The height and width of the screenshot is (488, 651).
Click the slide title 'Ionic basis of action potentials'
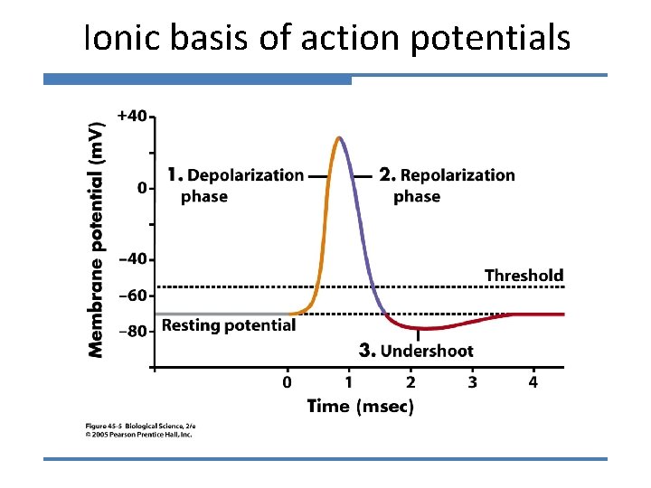click(326, 38)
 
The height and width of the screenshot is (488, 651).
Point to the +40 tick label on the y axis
click(131, 116)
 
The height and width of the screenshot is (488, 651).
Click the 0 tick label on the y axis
click(141, 188)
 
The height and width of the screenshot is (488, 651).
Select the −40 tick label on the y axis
click(132, 259)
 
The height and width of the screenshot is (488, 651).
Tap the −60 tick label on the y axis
click(132, 296)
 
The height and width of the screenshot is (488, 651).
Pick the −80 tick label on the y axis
click(132, 331)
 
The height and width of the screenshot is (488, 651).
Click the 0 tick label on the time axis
click(287, 382)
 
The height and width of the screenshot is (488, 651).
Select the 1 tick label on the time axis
click(348, 382)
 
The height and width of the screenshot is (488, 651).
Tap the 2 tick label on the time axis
click(410, 382)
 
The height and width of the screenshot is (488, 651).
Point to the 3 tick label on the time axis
click(472, 382)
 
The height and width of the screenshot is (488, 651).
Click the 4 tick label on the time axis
click(533, 382)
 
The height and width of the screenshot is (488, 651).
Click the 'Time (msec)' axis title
click(361, 406)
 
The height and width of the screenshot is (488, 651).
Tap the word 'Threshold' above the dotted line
click(524, 275)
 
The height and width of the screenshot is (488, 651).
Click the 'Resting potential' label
click(229, 324)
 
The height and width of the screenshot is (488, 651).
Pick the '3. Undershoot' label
click(416, 350)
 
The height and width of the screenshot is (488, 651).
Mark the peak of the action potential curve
click(338, 137)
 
